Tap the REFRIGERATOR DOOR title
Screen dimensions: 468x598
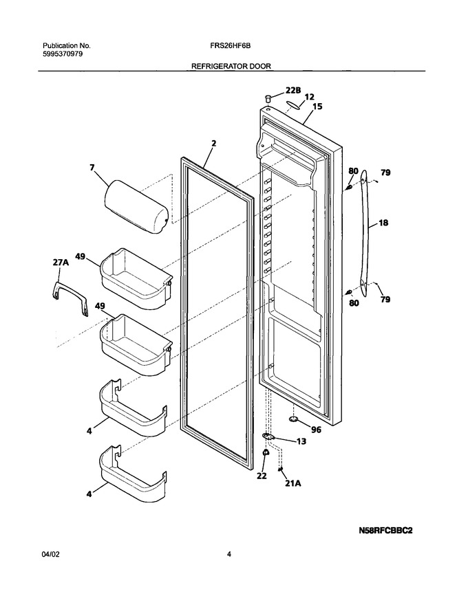(231, 67)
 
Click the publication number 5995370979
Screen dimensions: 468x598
(63, 54)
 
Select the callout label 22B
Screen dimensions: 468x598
(293, 90)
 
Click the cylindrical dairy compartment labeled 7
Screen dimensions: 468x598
(136, 207)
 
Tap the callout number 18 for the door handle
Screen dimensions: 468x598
(383, 222)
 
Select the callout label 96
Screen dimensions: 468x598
(316, 430)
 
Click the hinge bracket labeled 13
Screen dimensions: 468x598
(268, 436)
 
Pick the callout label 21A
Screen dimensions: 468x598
(293, 483)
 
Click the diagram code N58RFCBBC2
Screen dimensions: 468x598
(385, 531)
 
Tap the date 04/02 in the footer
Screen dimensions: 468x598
(51, 555)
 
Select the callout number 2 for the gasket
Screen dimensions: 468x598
(214, 144)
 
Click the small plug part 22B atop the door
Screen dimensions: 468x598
(267, 99)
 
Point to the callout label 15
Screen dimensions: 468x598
(317, 107)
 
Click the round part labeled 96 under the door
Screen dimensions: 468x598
(294, 420)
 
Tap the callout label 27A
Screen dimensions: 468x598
(61, 263)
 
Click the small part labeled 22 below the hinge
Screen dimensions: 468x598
(264, 452)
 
